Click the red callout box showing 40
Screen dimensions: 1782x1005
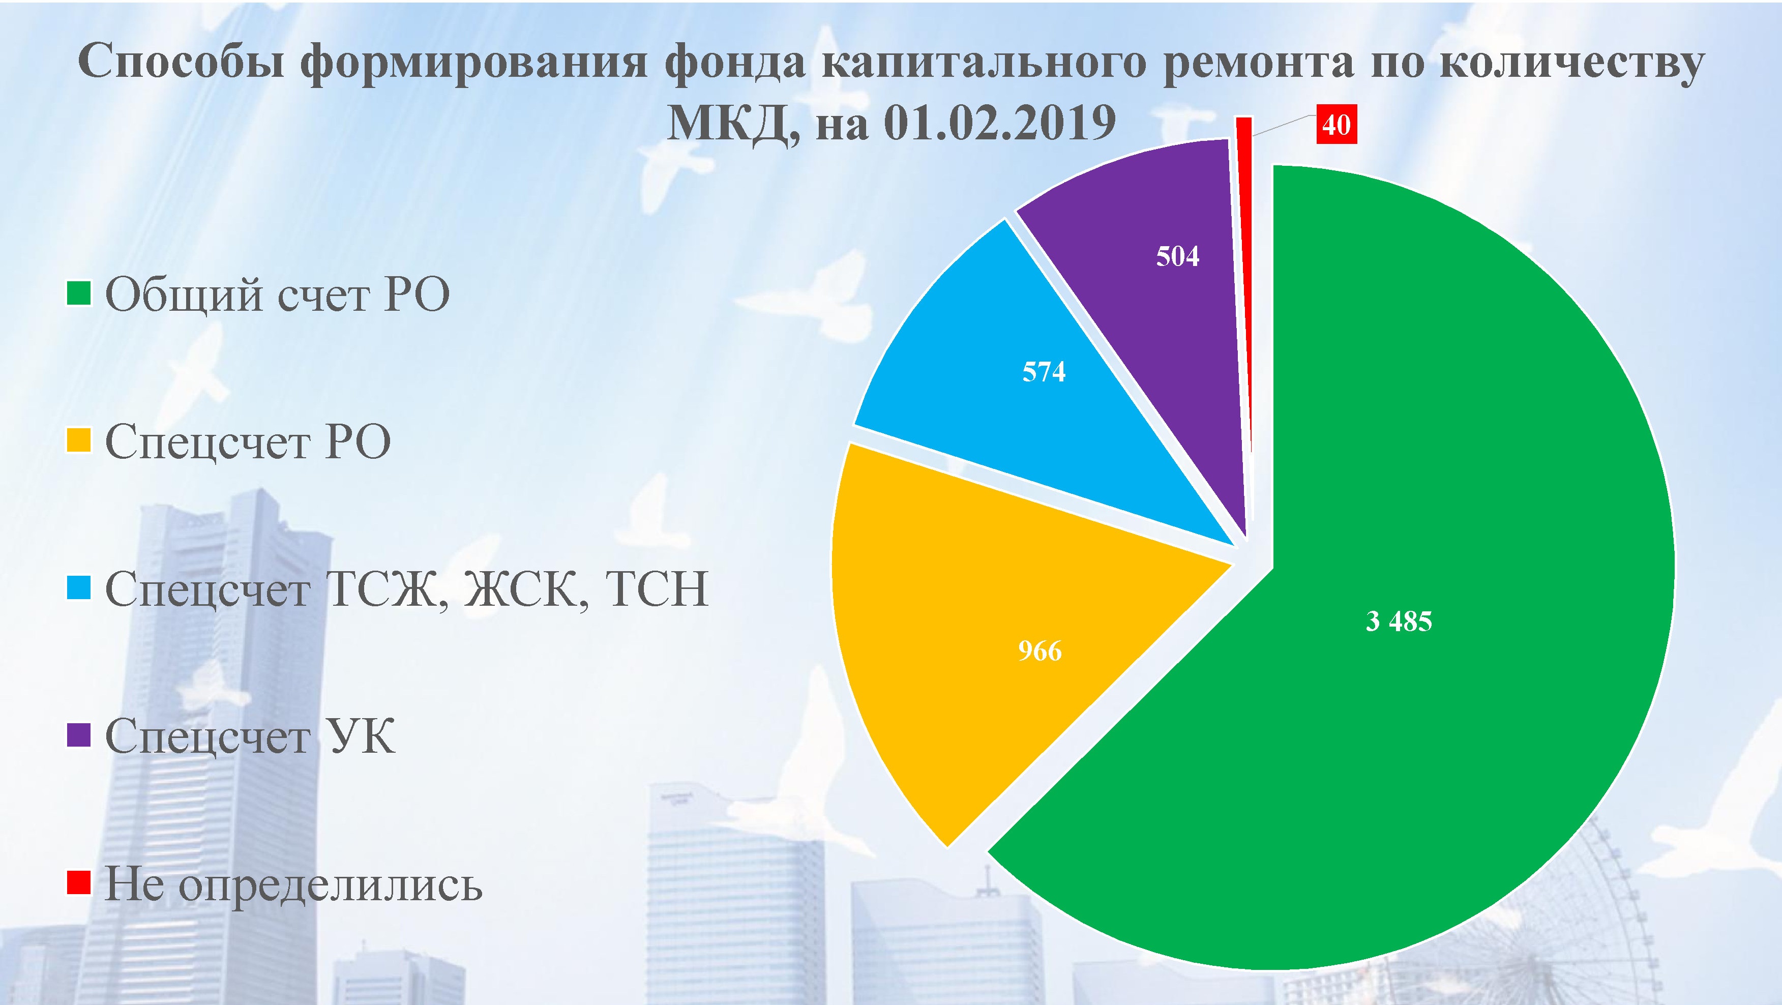(x=1336, y=125)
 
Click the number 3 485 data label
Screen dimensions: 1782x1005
(x=1399, y=621)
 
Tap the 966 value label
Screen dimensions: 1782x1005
(x=1039, y=651)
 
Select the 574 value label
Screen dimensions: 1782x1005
(x=1044, y=372)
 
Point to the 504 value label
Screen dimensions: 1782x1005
(x=1177, y=257)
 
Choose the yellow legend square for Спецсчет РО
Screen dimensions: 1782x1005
(x=79, y=440)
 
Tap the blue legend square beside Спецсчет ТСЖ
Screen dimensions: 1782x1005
(x=79, y=588)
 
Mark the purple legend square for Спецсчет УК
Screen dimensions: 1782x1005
(x=79, y=735)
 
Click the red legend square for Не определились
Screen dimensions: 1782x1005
(x=79, y=882)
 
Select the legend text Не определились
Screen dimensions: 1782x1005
(x=293, y=885)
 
